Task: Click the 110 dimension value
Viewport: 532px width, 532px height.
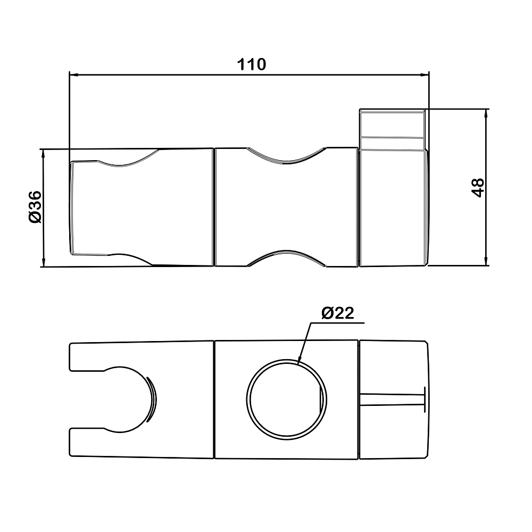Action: pos(252,64)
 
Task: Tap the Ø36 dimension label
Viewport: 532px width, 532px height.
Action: pos(35,207)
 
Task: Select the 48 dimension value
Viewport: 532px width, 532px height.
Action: pos(478,188)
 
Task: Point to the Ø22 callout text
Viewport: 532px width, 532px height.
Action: pos(337,313)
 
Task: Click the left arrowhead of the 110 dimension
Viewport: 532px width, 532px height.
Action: pos(74,74)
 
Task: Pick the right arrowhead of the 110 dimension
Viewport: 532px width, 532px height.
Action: pos(424,74)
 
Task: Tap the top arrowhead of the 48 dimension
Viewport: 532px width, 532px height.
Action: pos(486,114)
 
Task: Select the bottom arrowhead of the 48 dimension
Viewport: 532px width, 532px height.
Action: pos(486,261)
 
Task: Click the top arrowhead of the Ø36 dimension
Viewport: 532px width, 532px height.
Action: pos(43,154)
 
